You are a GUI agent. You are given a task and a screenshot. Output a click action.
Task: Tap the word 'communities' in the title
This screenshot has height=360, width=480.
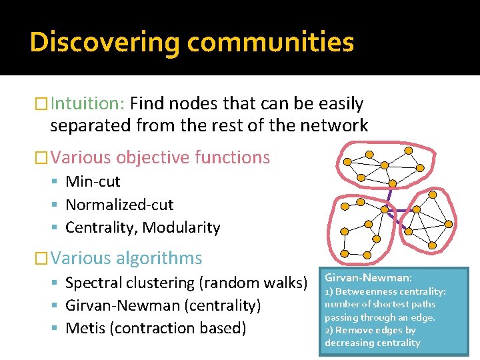click(x=271, y=42)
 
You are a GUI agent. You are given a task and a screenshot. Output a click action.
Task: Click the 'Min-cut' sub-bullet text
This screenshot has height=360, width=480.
click(x=93, y=181)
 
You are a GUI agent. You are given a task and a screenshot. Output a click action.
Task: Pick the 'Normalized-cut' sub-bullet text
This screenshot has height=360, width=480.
click(x=119, y=205)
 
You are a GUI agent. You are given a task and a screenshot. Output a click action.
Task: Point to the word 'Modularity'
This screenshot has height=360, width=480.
click(x=181, y=227)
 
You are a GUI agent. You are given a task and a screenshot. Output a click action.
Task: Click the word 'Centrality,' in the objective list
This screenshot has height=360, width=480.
click(x=101, y=227)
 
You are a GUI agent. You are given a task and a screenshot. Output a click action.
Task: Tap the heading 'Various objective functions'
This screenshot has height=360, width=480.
click(x=160, y=158)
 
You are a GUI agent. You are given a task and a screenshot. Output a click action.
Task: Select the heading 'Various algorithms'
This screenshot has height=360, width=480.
click(x=126, y=258)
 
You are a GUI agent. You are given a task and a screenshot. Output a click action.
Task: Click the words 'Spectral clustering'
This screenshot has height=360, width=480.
click(x=130, y=283)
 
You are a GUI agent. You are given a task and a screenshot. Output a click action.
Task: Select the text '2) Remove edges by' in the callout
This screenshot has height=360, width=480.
click(x=370, y=330)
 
